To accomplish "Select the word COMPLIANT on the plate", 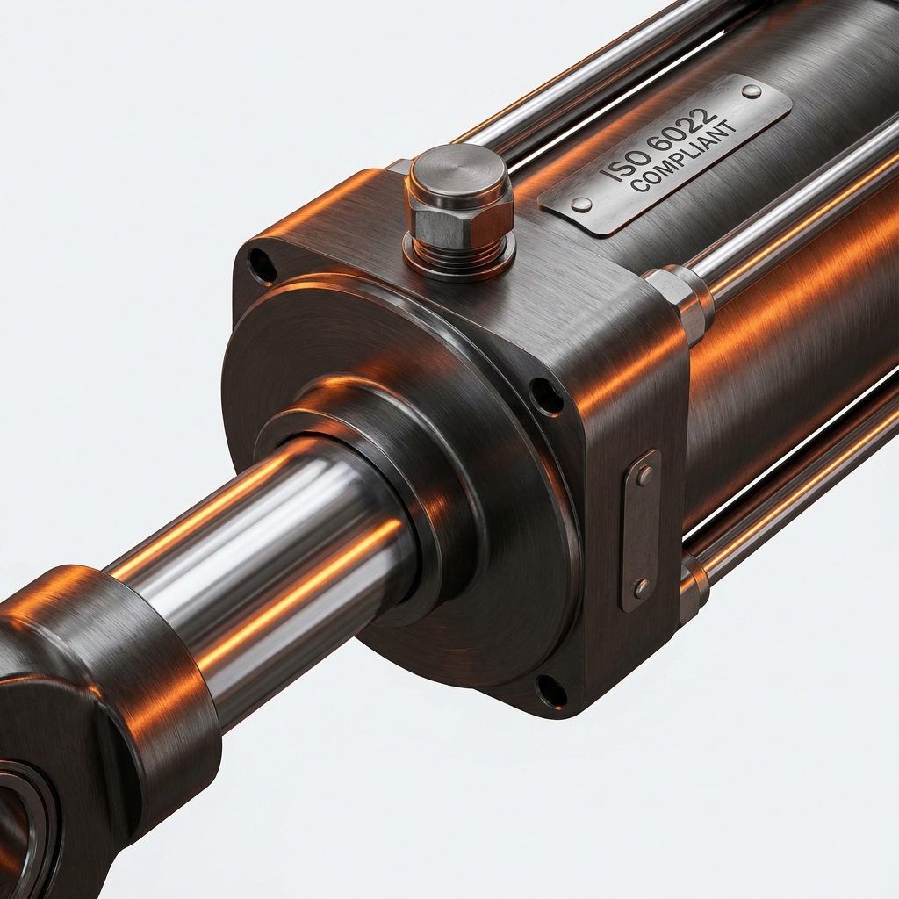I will (684, 158).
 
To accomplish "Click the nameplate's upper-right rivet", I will (751, 91).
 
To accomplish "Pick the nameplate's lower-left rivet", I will (580, 205).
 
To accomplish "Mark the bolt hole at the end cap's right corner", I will (546, 396).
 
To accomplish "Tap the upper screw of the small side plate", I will (644, 476).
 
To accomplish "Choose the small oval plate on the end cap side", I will (642, 530).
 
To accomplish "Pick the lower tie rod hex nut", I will (693, 584).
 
